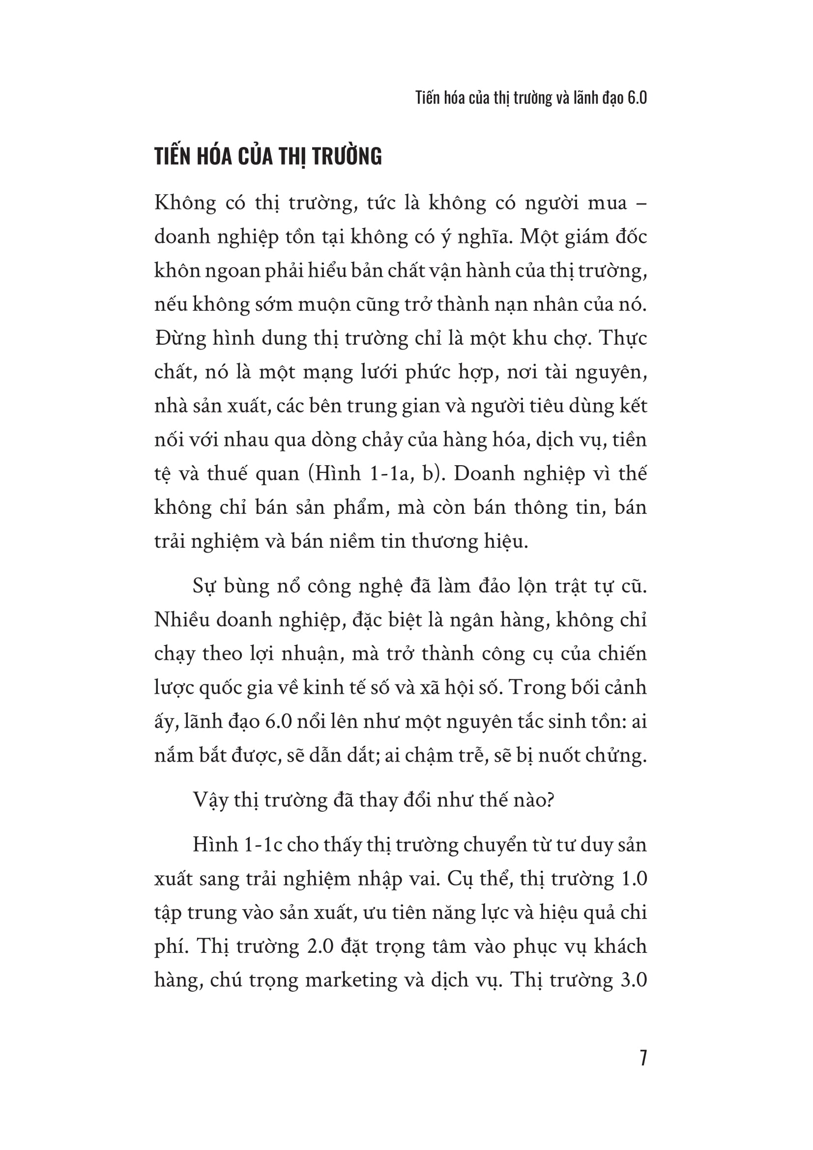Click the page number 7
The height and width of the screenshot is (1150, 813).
click(643, 1058)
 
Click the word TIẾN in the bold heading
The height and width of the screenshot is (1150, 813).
click(172, 156)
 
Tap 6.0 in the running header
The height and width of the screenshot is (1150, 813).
click(636, 98)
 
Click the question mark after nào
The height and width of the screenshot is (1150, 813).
click(550, 800)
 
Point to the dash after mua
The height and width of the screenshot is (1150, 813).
click(642, 204)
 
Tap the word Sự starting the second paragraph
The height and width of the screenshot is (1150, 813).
click(204, 586)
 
